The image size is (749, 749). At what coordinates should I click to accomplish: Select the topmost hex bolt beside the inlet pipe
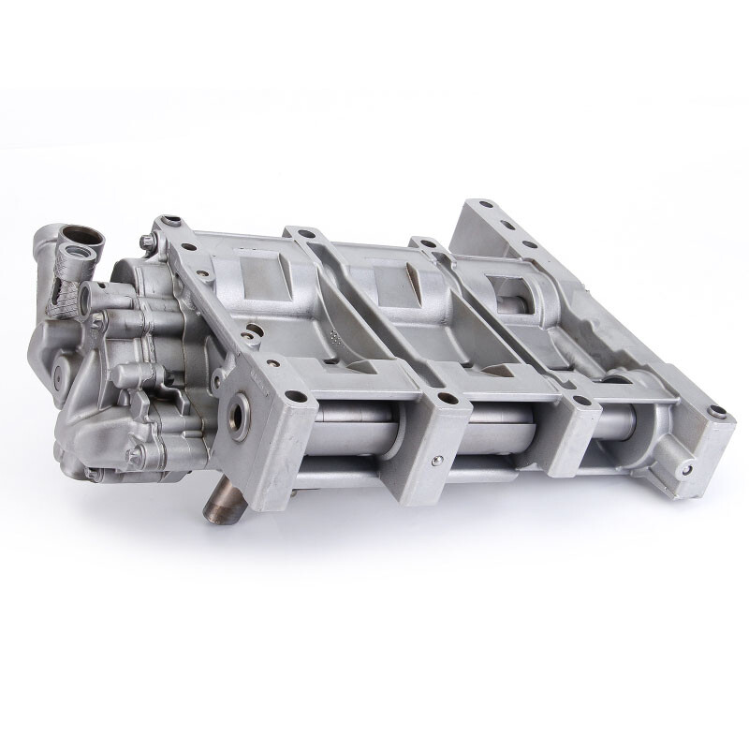149,241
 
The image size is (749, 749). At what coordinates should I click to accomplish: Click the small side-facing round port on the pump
86,297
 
